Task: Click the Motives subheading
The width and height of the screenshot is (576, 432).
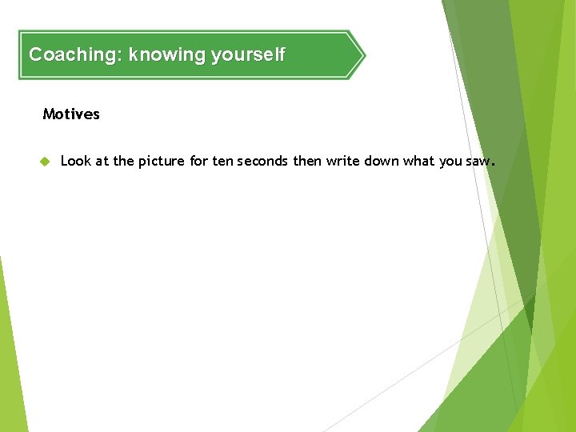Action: [71, 114]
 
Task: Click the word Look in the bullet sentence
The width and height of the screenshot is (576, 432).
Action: [76, 161]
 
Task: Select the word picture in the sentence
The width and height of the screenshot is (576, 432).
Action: [162, 162]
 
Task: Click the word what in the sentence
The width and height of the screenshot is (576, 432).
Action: [418, 161]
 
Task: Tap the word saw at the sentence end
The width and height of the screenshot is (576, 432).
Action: [478, 162]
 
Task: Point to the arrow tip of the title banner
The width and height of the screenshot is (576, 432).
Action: [364, 55]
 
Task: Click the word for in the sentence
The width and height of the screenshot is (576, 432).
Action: [199, 161]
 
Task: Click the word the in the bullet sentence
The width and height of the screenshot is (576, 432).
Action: [124, 161]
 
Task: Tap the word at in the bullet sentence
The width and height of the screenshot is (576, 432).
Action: [102, 162]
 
